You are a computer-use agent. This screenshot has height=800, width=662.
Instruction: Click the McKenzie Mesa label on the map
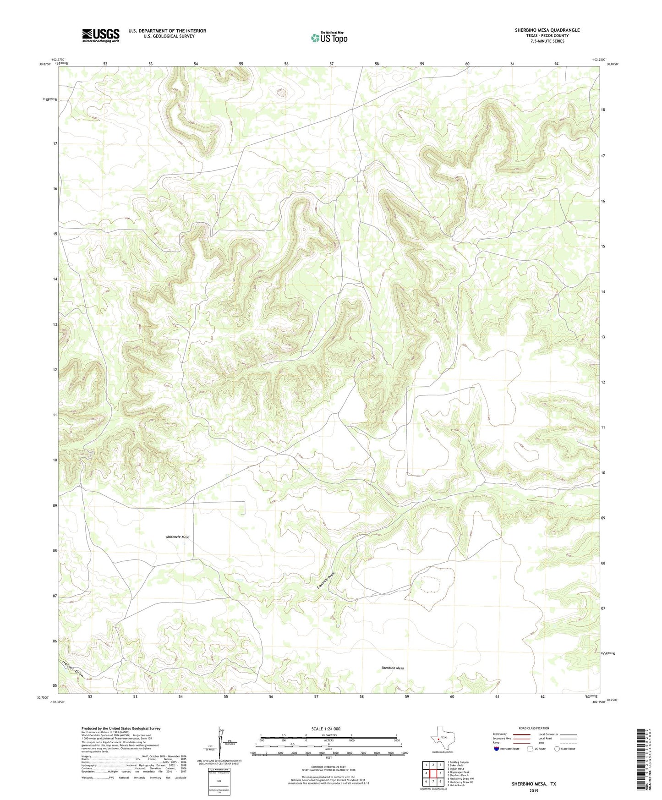[x=177, y=537]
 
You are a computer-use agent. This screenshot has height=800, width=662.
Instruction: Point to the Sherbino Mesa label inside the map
[x=393, y=668]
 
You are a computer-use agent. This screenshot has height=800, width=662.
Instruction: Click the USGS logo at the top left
[x=101, y=35]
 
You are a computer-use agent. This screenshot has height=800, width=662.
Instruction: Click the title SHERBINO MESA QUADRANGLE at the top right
[x=547, y=30]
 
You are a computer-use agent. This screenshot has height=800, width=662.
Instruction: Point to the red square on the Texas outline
[x=438, y=738]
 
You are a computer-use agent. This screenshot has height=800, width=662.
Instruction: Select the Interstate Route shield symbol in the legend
[x=497, y=749]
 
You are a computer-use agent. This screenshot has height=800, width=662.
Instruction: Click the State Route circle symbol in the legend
[x=557, y=749]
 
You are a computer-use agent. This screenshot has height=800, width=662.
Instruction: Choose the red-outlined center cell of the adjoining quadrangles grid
[x=433, y=773]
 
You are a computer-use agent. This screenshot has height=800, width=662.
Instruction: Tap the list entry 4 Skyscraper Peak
[x=458, y=772]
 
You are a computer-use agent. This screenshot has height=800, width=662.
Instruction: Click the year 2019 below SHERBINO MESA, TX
[x=534, y=790]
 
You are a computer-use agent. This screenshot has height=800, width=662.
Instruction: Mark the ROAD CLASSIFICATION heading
[x=534, y=728]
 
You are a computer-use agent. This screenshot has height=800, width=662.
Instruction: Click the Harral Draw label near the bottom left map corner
[x=75, y=668]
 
